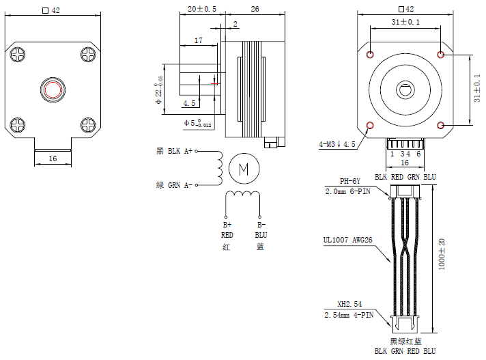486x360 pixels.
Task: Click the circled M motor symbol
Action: pyautogui.click(x=243, y=168)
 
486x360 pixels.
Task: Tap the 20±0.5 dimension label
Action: pyautogui.click(x=201, y=9)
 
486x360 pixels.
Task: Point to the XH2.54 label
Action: pyautogui.click(x=349, y=304)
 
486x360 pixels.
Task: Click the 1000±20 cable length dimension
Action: pyautogui.click(x=442, y=253)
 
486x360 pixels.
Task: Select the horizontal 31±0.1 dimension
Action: pyautogui.click(x=405, y=23)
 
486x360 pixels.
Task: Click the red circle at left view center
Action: pyautogui.click(x=53, y=89)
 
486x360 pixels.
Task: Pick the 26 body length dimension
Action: pyautogui.click(x=255, y=9)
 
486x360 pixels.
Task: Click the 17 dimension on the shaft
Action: pyautogui.click(x=198, y=41)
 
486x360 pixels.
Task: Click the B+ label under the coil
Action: pyautogui.click(x=227, y=224)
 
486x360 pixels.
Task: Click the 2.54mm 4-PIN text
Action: pyautogui.click(x=349, y=315)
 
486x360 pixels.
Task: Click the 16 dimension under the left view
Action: pyautogui.click(x=53, y=158)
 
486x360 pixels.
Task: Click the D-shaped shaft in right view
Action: pyautogui.click(x=405, y=89)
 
